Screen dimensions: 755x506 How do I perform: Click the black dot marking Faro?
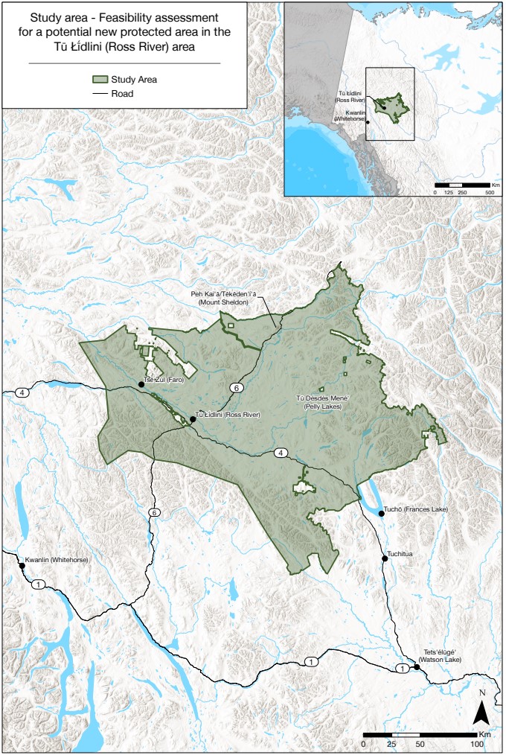tap(141, 384)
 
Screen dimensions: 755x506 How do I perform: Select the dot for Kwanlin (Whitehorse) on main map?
tap(22, 566)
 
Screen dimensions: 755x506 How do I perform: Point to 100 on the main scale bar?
tap(474, 745)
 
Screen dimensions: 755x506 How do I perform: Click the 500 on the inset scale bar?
tap(489, 191)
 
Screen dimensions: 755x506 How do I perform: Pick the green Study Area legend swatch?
tap(100, 79)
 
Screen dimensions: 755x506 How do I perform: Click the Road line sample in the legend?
tap(100, 94)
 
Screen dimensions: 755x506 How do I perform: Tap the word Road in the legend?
tap(123, 94)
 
